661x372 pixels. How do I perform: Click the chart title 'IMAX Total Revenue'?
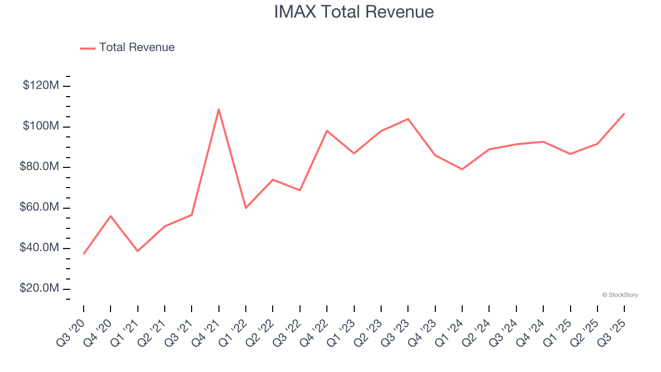[354, 12]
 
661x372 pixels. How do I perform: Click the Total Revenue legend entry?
[128, 48]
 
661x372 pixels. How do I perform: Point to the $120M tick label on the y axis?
[40, 86]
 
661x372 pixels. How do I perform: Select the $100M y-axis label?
[40, 127]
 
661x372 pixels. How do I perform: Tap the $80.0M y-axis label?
[39, 167]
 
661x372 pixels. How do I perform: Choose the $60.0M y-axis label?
[39, 208]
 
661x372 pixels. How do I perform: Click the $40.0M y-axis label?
[39, 248]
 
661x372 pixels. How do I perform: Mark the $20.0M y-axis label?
[39, 288]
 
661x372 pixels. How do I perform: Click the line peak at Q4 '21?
[219, 110]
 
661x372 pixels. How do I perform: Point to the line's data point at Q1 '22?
[246, 208]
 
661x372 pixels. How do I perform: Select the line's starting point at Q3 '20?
[84, 254]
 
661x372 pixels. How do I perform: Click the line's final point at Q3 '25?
[624, 114]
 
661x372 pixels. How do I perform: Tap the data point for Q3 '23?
[408, 119]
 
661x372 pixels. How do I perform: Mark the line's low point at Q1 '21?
[138, 251]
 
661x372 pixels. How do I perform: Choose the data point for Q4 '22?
[327, 131]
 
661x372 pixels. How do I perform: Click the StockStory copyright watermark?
[620, 295]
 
